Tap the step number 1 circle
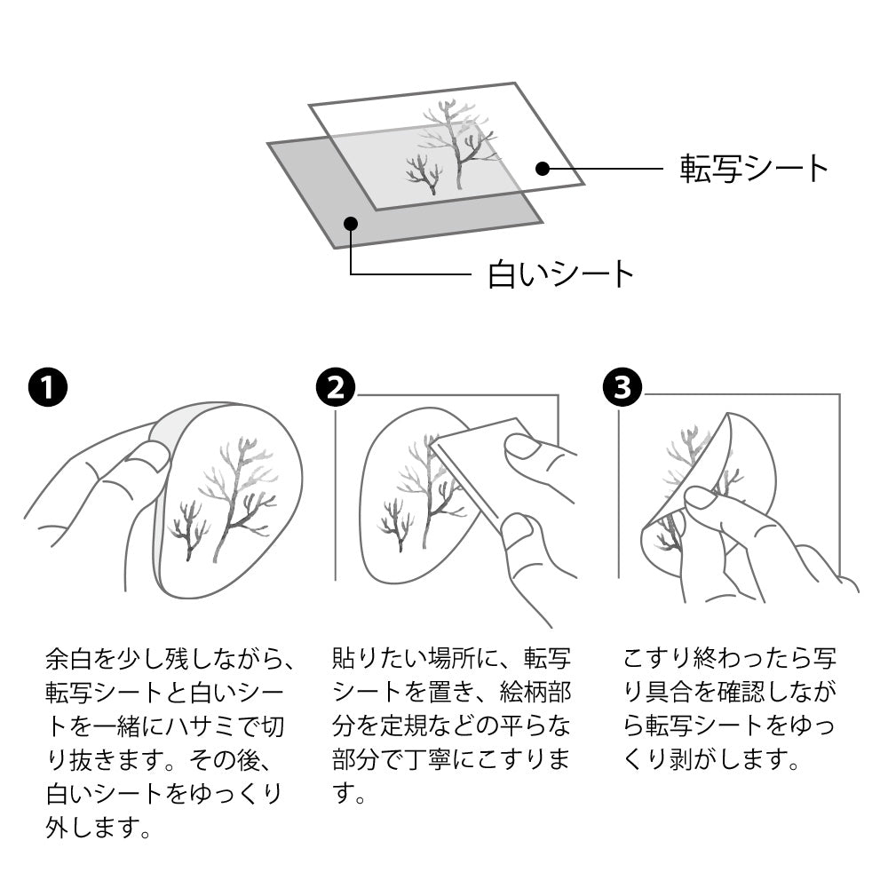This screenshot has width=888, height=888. click(x=46, y=387)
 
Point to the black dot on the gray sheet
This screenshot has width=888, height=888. click(x=351, y=223)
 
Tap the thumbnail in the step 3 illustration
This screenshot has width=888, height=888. click(x=702, y=497)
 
